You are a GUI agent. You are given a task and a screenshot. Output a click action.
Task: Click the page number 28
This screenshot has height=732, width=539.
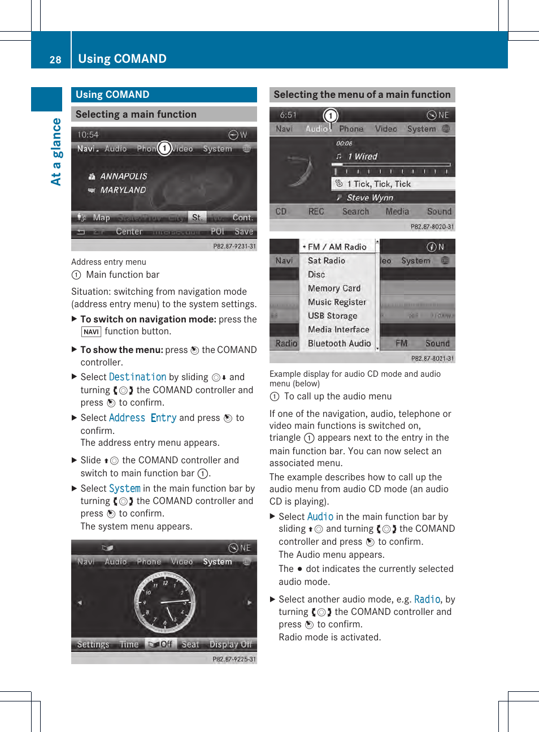(55, 60)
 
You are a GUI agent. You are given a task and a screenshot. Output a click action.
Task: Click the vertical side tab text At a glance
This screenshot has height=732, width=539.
(56, 152)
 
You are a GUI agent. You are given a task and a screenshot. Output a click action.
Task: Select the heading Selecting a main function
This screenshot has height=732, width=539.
(136, 114)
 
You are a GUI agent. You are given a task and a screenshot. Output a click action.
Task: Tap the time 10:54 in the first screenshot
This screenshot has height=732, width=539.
(88, 135)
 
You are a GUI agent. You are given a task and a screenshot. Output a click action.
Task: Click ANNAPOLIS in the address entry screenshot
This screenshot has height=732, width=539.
(123, 176)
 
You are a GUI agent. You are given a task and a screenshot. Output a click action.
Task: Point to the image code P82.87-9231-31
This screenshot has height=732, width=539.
(234, 246)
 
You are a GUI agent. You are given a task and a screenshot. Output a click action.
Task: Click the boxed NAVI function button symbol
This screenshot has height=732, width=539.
(91, 332)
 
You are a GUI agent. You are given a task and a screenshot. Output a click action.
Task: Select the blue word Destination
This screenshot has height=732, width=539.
(137, 377)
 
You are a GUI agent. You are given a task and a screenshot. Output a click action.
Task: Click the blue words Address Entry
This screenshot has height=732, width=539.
(142, 418)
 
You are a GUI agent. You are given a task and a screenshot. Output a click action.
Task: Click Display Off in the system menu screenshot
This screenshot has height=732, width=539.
(231, 644)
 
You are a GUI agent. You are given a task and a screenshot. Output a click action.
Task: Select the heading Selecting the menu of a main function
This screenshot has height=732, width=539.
(362, 94)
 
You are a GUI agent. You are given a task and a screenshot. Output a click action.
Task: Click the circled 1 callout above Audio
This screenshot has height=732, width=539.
(331, 116)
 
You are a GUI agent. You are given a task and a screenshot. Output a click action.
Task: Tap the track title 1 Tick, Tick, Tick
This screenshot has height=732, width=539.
(379, 184)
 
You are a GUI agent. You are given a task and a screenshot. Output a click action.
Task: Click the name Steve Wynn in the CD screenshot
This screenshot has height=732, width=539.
(370, 197)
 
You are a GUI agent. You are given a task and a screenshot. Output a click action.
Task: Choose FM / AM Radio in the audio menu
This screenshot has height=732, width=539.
(337, 247)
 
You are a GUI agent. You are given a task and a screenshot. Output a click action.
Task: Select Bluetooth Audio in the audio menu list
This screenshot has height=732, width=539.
(339, 343)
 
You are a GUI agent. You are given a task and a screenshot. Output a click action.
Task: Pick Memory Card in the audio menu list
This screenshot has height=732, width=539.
(334, 289)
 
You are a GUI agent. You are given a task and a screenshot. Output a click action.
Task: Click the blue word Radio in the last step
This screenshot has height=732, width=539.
(427, 599)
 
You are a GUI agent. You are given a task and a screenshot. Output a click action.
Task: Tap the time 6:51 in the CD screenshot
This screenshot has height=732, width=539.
(288, 115)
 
